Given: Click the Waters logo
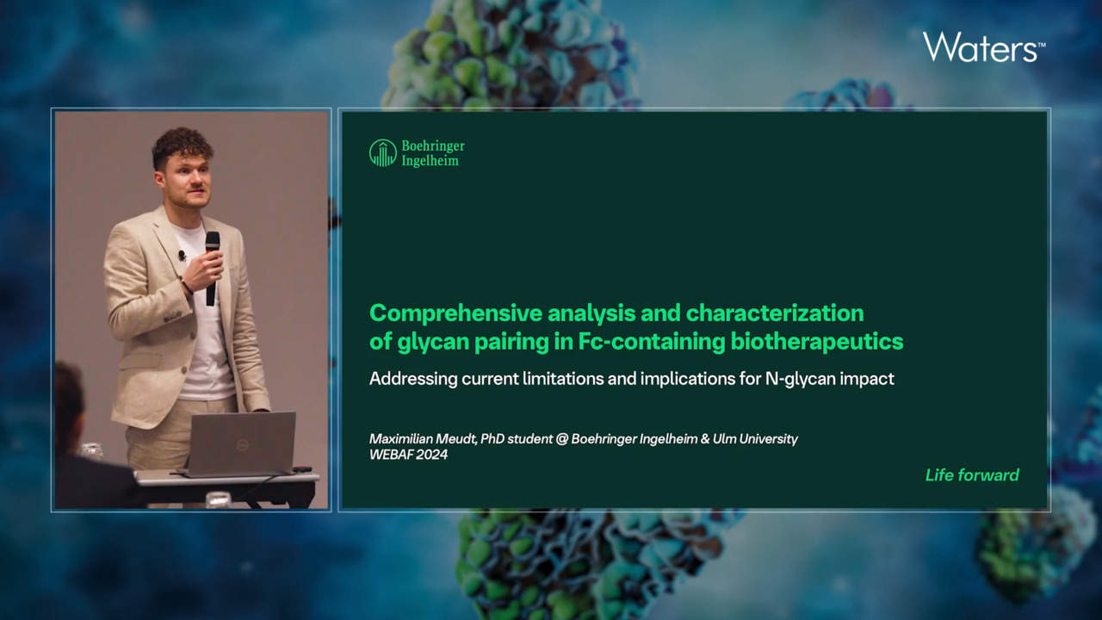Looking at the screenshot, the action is point(984,47).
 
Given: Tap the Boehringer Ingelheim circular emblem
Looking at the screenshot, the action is point(383,153).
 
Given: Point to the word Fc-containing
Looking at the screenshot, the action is point(652,342).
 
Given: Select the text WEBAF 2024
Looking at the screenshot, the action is point(408,454).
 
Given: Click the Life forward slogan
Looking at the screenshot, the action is point(972,474).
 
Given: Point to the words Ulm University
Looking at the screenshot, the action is point(755,438).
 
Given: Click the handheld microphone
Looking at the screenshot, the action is point(212,268).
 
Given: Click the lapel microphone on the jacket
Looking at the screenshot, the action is point(182,256).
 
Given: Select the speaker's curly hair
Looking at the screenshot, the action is point(182,146).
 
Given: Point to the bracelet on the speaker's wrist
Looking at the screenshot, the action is point(186,286).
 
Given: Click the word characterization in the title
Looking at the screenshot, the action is point(775,313).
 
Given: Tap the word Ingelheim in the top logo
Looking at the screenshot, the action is point(430,160).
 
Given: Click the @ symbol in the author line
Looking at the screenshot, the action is point(561,438).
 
